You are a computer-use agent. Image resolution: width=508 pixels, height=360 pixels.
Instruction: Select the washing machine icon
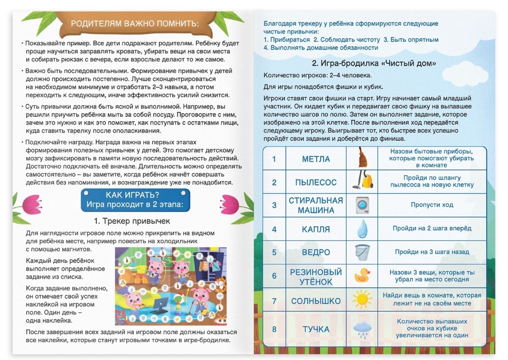(x=361, y=205)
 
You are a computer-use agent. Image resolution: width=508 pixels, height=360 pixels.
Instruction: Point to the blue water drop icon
(x=361, y=228)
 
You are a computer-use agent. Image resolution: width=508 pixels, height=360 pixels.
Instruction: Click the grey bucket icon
(x=361, y=252)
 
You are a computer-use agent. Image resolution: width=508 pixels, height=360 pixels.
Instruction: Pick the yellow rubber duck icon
(x=361, y=276)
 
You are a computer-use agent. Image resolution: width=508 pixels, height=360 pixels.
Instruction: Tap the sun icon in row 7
(x=361, y=300)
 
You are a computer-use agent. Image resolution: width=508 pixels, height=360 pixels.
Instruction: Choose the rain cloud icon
(x=361, y=329)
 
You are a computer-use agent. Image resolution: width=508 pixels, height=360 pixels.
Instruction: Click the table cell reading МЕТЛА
(x=316, y=159)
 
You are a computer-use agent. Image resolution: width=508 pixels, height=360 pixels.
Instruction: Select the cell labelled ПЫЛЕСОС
(x=316, y=182)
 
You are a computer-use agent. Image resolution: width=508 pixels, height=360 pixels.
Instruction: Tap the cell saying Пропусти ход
(x=432, y=205)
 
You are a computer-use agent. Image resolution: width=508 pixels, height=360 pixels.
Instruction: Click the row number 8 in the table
(x=274, y=329)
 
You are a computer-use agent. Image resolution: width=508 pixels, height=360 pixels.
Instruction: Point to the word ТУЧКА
(x=316, y=329)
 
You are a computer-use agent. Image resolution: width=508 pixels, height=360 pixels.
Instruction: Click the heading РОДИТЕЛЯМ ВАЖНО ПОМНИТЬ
(x=134, y=23)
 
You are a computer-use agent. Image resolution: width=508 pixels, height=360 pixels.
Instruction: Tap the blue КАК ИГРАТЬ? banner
(x=134, y=199)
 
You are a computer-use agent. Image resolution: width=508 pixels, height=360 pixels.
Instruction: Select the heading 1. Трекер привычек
(x=132, y=221)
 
